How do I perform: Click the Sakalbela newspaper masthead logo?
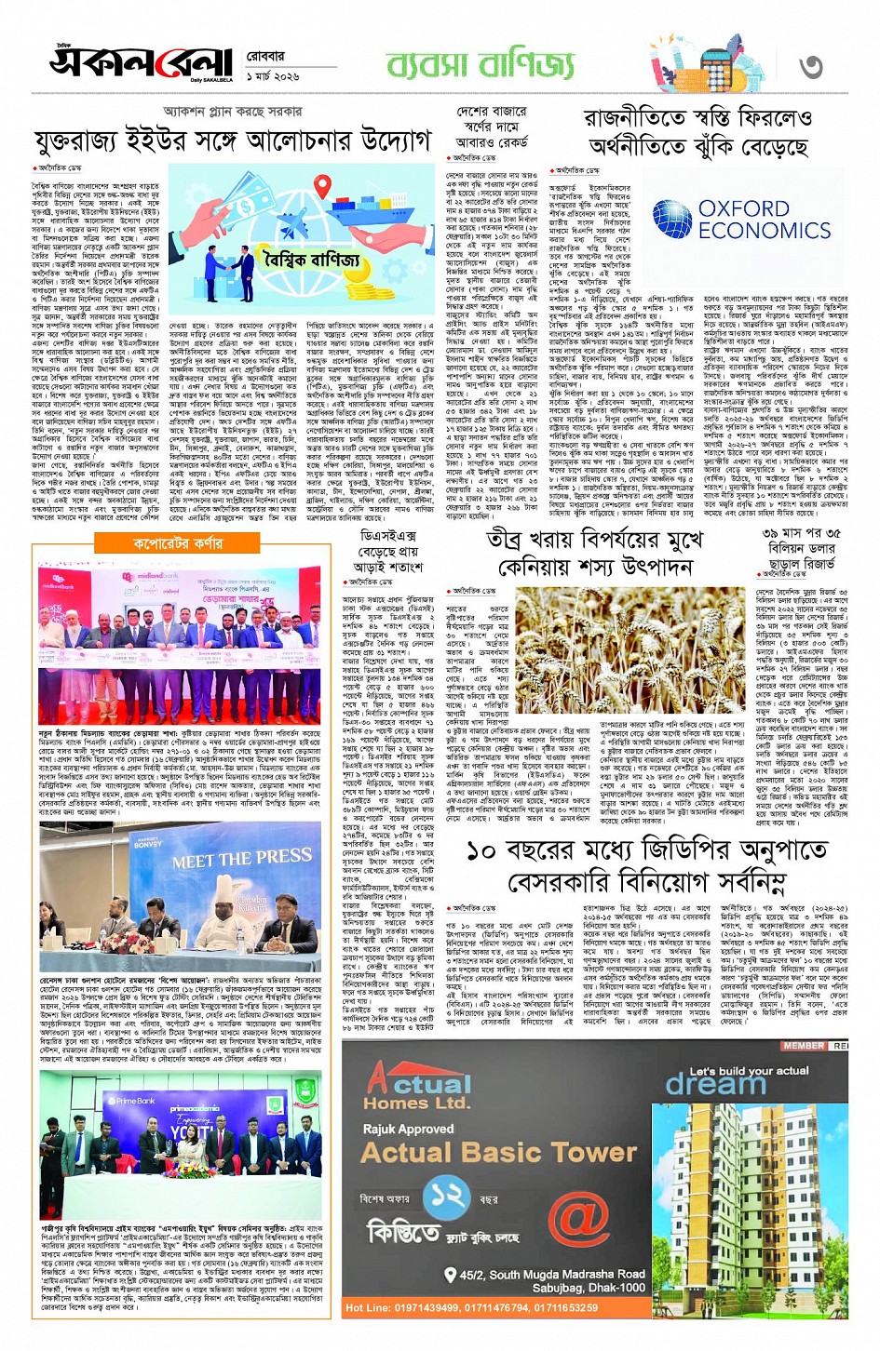click(x=140, y=62)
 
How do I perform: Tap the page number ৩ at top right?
click(x=811, y=66)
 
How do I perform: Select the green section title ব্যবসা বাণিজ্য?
click(x=481, y=64)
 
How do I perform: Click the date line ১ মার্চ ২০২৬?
click(x=273, y=75)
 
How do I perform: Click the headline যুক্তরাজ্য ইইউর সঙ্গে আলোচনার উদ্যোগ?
click(x=232, y=141)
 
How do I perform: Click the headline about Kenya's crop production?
click(x=590, y=553)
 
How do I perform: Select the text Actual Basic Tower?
click(x=498, y=1153)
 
